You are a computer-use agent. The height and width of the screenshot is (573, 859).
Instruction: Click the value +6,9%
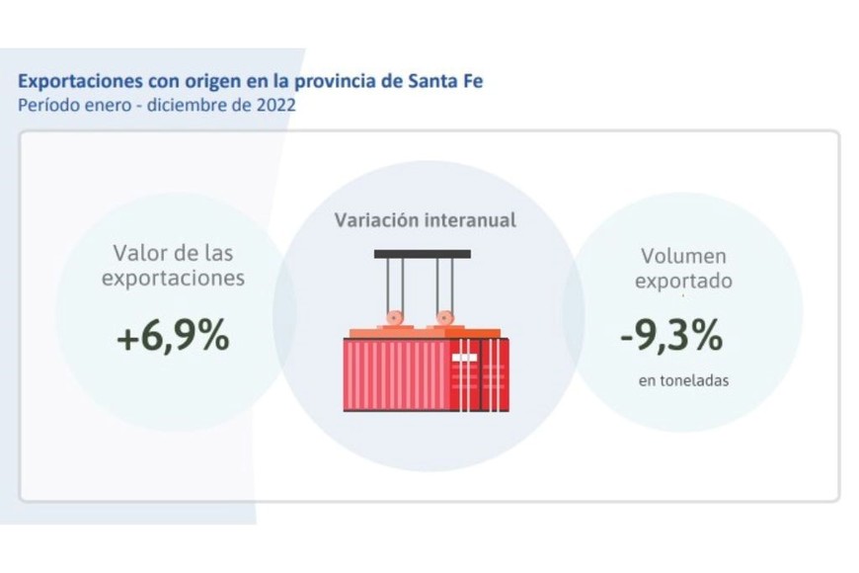(173, 337)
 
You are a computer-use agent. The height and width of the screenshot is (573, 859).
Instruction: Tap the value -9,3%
(671, 337)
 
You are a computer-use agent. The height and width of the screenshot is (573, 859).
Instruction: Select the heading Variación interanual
(425, 219)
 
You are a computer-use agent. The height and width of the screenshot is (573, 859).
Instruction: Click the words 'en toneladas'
(683, 380)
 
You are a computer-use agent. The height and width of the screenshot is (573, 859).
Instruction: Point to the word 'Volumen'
(683, 256)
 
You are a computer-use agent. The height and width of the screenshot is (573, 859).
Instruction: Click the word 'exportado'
(683, 282)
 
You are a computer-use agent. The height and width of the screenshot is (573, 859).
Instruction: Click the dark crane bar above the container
(422, 254)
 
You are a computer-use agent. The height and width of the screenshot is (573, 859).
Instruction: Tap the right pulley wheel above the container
(444, 319)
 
